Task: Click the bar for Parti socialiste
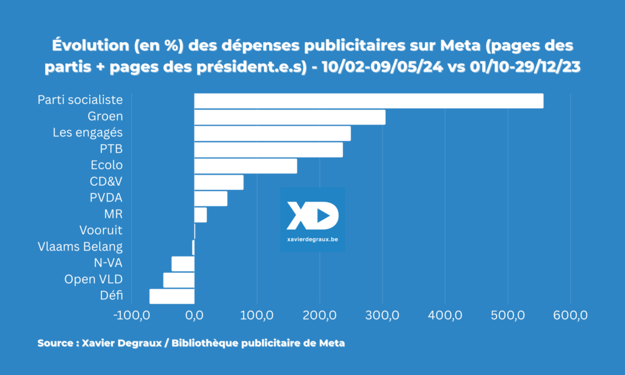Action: (369, 101)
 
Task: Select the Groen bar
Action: (290, 117)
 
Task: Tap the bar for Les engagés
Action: (272, 133)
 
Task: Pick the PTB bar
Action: (269, 150)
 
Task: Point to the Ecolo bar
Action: (245, 166)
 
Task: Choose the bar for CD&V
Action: (219, 182)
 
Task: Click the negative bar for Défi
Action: (172, 296)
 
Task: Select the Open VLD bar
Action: (179, 280)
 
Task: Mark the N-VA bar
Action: (183, 264)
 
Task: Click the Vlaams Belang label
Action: (80, 247)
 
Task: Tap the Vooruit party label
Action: (101, 231)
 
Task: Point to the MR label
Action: (114, 214)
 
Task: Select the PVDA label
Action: (106, 198)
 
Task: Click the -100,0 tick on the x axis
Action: (131, 316)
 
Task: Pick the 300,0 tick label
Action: (382, 316)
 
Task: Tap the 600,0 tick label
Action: (570, 316)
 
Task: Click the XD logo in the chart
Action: (312, 214)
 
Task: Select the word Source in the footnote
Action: (56, 343)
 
